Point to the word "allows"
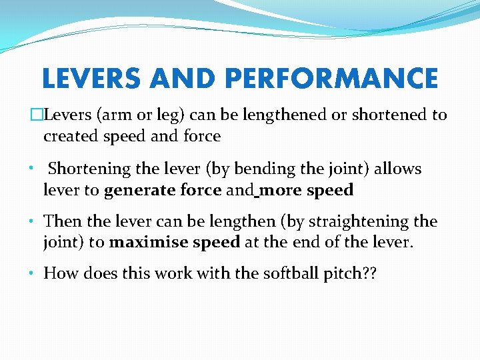(x=397, y=169)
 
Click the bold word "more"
(x=279, y=191)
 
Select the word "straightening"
(x=361, y=221)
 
